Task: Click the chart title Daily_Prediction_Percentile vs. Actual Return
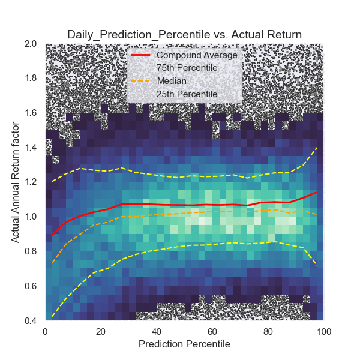tap(184, 34)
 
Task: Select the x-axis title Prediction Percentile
tap(184, 344)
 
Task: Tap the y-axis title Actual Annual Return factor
tap(16, 182)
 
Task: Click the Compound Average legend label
tap(193, 55)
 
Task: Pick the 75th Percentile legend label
tap(183, 68)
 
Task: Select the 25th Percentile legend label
tap(183, 94)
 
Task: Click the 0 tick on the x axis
tap(45, 331)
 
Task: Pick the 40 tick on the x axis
tap(156, 331)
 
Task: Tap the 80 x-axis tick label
tap(268, 331)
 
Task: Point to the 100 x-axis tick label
tap(323, 331)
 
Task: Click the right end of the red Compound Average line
tap(316, 193)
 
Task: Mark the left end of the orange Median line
tap(52, 263)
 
